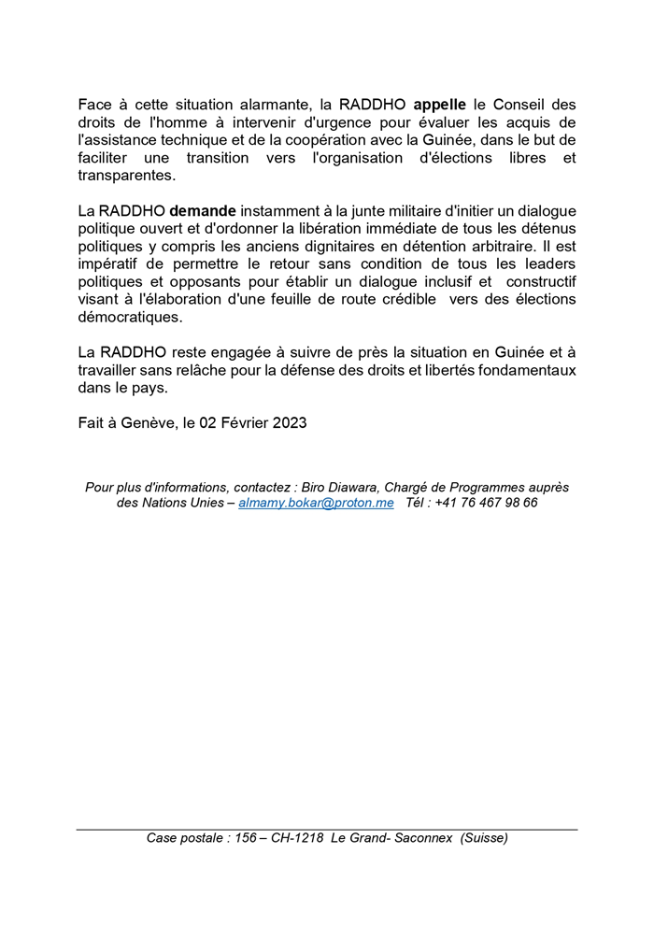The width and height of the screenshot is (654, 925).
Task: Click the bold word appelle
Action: pyautogui.click(x=439, y=106)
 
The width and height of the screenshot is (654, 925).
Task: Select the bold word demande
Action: pyautogui.click(x=203, y=212)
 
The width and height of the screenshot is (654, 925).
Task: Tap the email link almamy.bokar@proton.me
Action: pyautogui.click(x=316, y=503)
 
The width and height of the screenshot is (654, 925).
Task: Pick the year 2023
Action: pyautogui.click(x=290, y=422)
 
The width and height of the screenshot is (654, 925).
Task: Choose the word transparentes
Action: pyautogui.click(x=126, y=176)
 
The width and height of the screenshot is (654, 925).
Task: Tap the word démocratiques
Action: pyautogui.click(x=130, y=318)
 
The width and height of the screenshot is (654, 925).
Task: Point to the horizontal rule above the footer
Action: pyautogui.click(x=327, y=829)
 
